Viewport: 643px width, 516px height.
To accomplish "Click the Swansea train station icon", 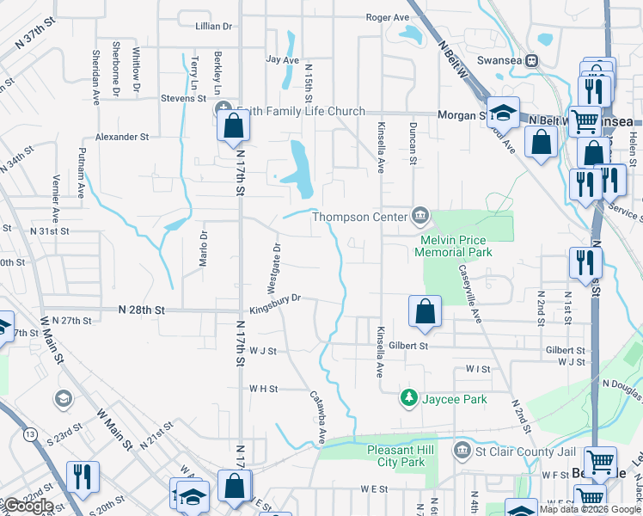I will (532, 60).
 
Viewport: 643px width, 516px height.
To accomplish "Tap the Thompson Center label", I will (358, 217).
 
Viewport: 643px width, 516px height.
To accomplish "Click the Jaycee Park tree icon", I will (408, 398).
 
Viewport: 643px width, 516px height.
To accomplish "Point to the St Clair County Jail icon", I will (462, 450).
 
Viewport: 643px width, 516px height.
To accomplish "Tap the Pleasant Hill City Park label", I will (396, 456).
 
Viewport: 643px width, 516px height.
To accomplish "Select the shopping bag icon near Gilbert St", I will (425, 312).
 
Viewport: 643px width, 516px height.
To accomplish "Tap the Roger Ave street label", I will (388, 17).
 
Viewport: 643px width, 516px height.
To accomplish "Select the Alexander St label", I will (122, 137).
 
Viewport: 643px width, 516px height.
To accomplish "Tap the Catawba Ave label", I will (318, 419).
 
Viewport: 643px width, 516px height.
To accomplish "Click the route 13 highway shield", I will (31, 435).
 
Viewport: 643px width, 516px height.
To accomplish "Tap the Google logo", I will (28, 506).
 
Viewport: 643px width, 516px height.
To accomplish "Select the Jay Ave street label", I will (283, 60).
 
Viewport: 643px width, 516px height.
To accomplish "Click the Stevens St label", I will (178, 99).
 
